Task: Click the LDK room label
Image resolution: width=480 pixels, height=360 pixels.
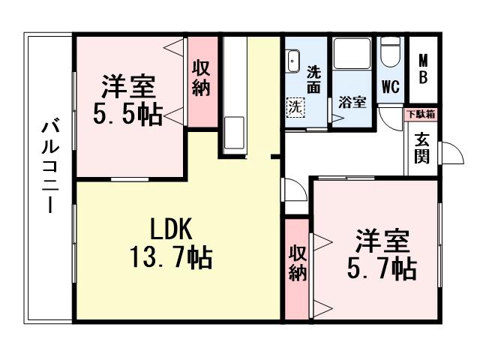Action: [x=172, y=228]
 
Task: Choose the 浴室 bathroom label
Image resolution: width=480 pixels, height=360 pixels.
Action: [x=352, y=101]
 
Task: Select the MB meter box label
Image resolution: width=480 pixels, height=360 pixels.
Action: [x=423, y=69]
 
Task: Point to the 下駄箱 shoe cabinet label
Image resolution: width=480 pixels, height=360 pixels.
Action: [x=421, y=115]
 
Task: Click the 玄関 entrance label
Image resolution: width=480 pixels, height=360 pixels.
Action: [x=421, y=148]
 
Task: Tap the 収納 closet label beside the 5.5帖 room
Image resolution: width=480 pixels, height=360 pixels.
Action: [x=200, y=77]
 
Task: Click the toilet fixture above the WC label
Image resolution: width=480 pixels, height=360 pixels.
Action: [x=389, y=53]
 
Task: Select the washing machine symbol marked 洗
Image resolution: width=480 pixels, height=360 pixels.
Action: [x=297, y=106]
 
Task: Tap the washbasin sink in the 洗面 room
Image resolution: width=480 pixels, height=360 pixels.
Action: [x=292, y=60]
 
